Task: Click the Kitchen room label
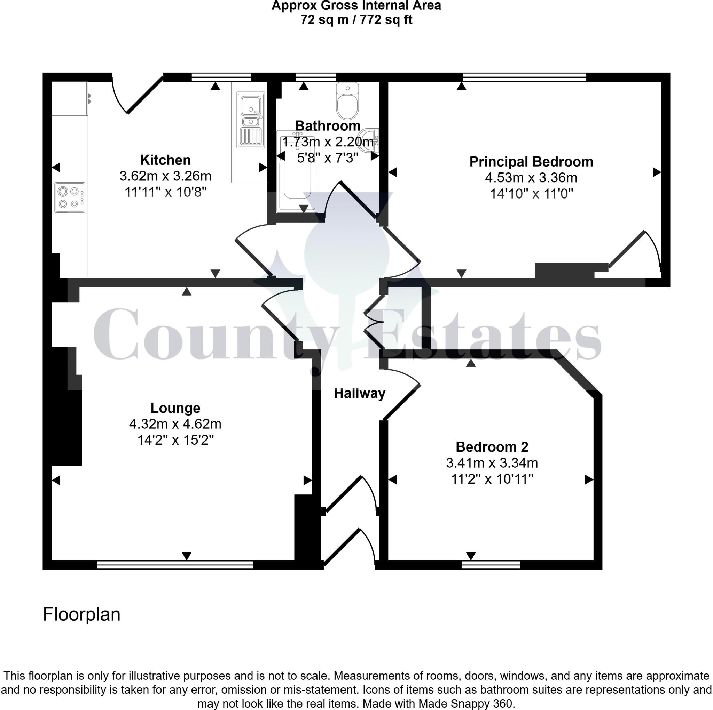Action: click(165, 160)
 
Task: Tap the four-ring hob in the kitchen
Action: click(70, 197)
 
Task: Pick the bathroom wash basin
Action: click(370, 140)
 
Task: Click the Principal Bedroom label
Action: click(531, 162)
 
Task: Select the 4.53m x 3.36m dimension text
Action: click(531, 178)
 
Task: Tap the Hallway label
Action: click(359, 393)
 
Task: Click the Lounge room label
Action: click(175, 408)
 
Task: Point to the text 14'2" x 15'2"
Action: click(175, 440)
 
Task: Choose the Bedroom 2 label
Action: click(492, 447)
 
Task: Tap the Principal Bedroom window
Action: click(524, 77)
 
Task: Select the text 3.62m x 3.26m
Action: click(165, 176)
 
